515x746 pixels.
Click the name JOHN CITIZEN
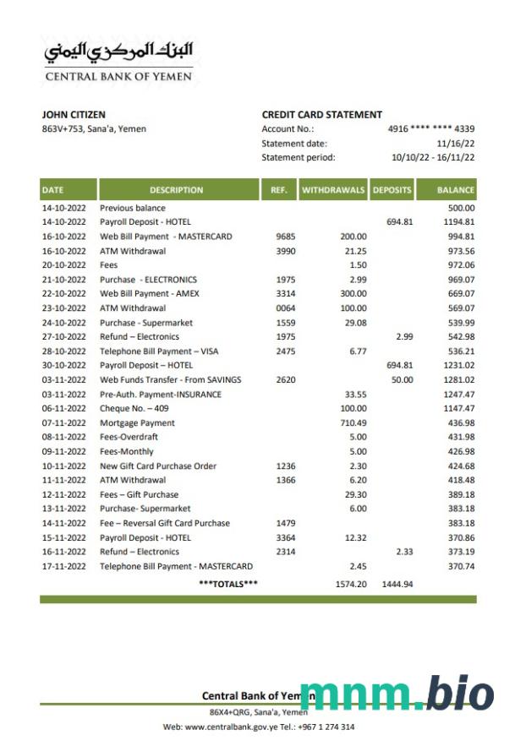pos(74,115)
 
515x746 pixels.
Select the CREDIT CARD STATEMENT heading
pos(321,115)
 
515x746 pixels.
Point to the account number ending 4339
pos(430,129)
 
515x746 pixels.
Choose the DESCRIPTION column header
pos(176,190)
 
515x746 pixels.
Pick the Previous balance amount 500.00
pos(461,208)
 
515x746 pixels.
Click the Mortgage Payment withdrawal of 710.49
pos(352,422)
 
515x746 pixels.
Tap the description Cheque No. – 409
pos(137,408)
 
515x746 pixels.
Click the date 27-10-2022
pos(64,337)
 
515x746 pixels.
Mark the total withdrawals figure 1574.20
pos(350,584)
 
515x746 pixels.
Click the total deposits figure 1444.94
pos(396,584)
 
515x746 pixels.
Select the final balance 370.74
pos(461,566)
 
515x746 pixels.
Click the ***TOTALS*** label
pos(228,584)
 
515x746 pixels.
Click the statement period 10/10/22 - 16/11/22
pos(432,157)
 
